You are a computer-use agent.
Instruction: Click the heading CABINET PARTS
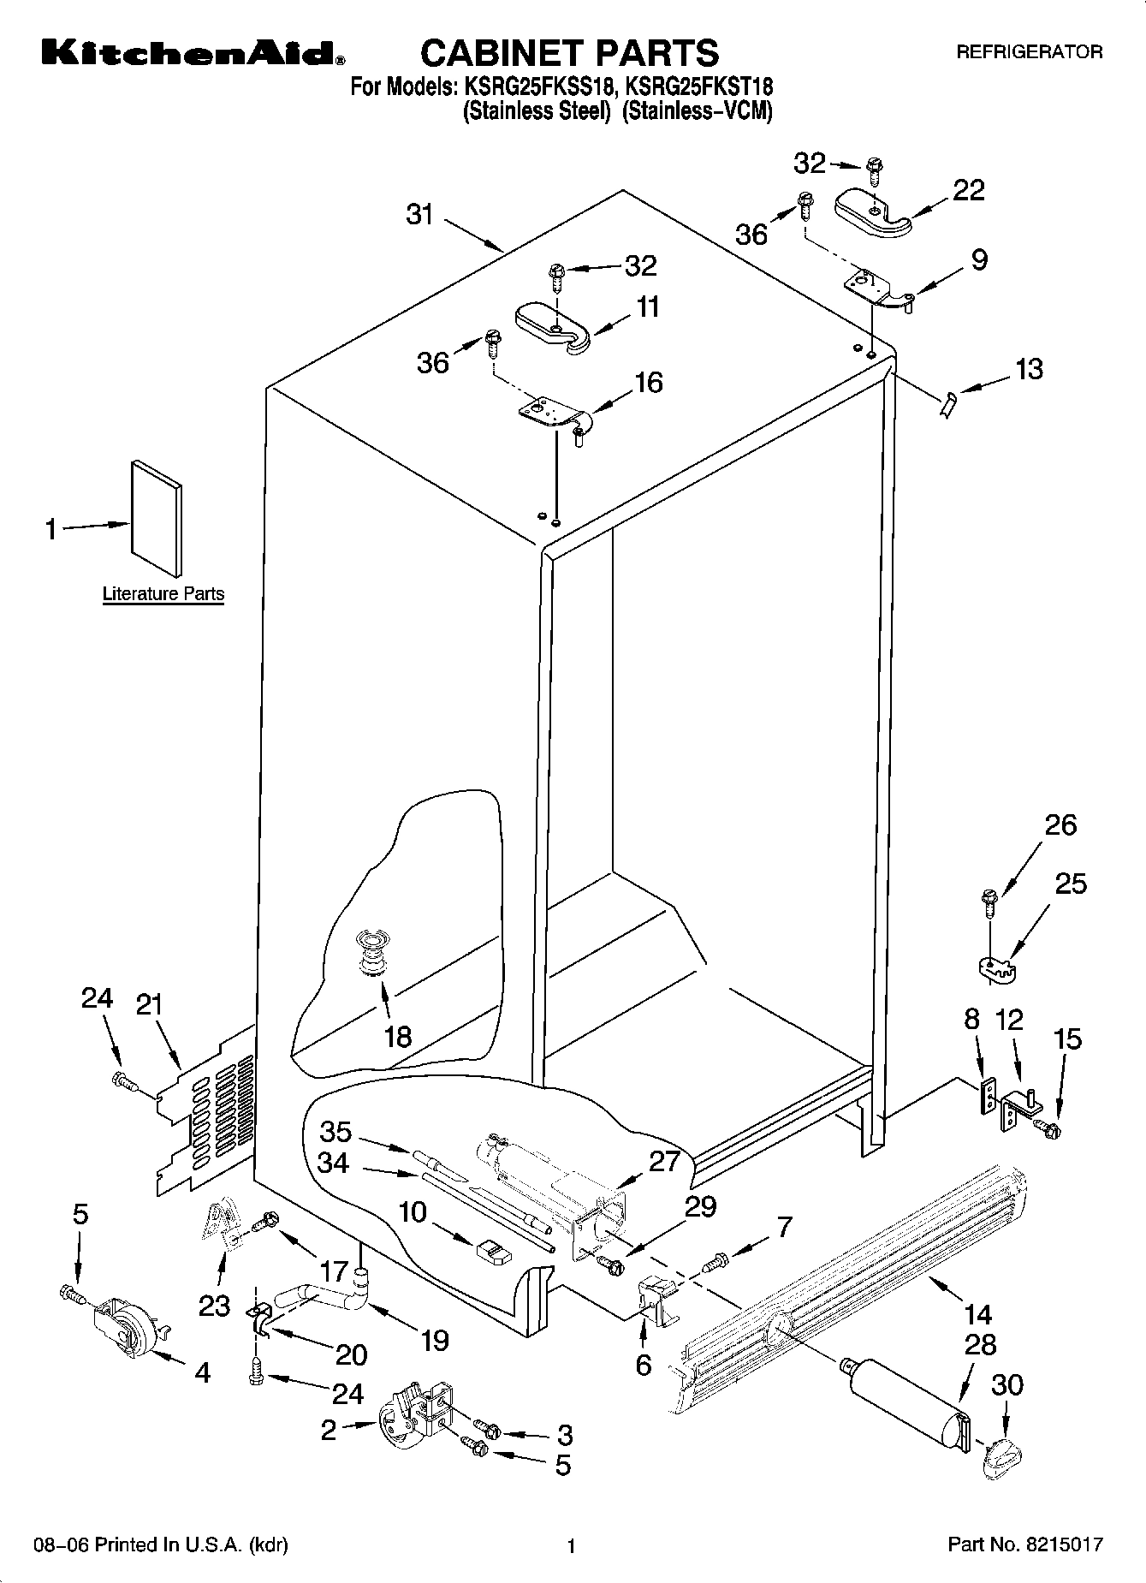pos(569,53)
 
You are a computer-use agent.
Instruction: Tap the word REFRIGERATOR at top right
pos(1029,52)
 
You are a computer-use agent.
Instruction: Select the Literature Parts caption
pos(163,593)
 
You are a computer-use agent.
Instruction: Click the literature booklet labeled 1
pos(157,519)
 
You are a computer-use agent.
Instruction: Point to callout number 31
pos(419,214)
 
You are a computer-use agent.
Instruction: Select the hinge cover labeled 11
pos(553,326)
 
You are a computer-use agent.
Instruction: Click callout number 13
pos(1029,369)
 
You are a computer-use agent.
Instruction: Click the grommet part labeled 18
pos(372,951)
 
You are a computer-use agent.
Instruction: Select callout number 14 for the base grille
pos(977,1314)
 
